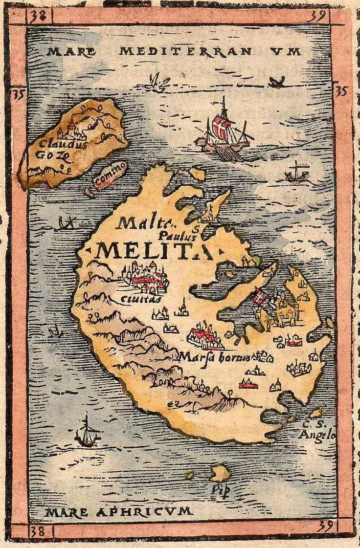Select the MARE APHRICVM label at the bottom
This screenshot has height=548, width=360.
(x=117, y=512)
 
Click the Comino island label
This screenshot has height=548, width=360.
(x=110, y=175)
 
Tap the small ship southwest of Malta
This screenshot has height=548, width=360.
(x=88, y=432)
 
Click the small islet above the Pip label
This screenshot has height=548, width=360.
(x=220, y=472)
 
